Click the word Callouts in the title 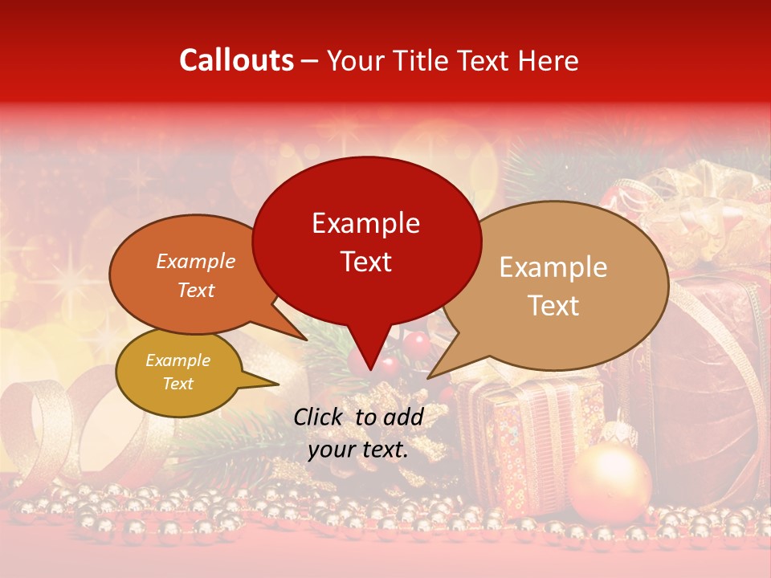(236, 60)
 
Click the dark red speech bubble (365, 241)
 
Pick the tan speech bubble (562, 285)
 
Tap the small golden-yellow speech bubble (178, 372)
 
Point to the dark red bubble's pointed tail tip (370, 370)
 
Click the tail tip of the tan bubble (428, 377)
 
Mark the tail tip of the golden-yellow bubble (278, 384)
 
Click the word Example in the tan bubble (553, 267)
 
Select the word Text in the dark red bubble (366, 262)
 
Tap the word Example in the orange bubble (196, 261)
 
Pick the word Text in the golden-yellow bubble (178, 384)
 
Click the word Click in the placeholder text (320, 417)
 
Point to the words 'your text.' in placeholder (358, 450)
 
